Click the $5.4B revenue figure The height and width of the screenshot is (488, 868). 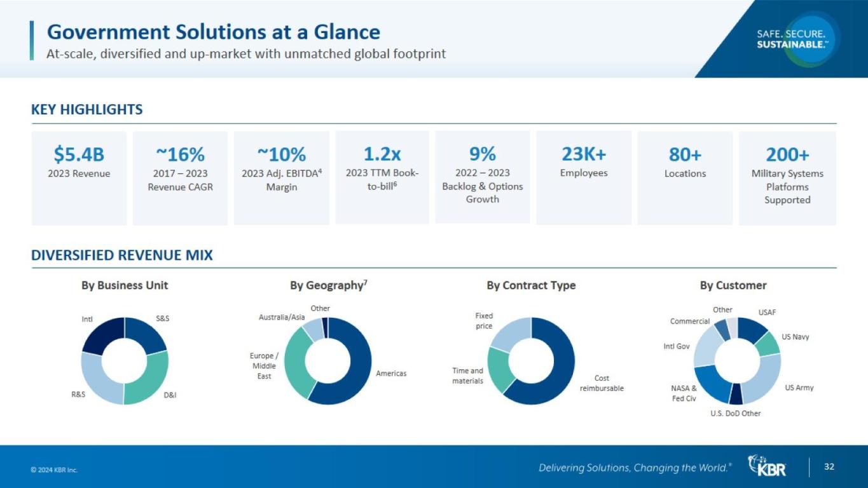(x=79, y=154)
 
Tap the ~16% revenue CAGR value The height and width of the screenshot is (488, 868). (x=180, y=154)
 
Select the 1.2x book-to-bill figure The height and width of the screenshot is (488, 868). (x=382, y=154)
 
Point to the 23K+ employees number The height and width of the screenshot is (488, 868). (x=584, y=154)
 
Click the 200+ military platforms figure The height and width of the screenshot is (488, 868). (x=787, y=154)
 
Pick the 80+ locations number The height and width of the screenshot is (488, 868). (x=685, y=154)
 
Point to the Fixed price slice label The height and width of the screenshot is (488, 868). (x=484, y=321)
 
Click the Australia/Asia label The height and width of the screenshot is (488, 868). (x=282, y=317)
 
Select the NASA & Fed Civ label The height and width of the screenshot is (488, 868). (x=684, y=393)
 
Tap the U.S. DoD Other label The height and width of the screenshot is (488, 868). (x=735, y=414)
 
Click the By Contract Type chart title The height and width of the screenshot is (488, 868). (x=531, y=285)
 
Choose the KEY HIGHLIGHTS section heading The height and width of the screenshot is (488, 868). (x=87, y=109)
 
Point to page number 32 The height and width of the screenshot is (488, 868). (x=829, y=467)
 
